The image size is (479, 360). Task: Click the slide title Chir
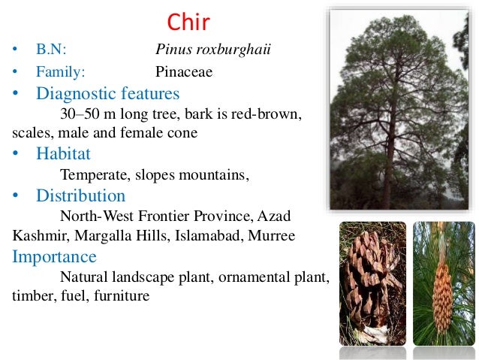tap(188, 23)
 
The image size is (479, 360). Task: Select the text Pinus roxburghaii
tap(212, 50)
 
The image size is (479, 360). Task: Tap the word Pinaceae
tap(184, 72)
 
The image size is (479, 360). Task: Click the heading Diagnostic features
tap(107, 94)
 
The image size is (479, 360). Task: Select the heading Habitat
tap(63, 154)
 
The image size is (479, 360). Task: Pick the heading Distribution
tap(80, 196)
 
